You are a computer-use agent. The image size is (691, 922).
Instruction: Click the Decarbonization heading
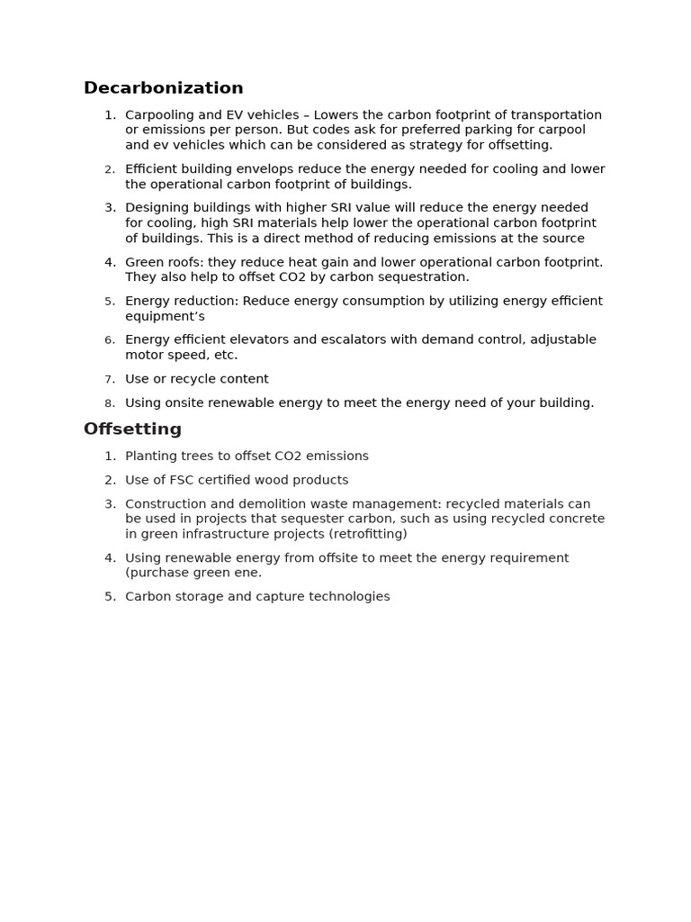[x=163, y=88]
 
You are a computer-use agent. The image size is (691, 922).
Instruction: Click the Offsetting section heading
[x=132, y=429]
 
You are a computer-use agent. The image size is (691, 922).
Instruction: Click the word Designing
[x=157, y=208]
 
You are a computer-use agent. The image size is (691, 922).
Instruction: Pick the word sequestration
[x=426, y=277]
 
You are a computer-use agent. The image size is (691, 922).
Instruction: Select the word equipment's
[x=165, y=317]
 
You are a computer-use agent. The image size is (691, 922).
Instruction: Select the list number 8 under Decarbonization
[x=109, y=403]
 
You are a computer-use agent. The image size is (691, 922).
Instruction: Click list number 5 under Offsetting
[x=109, y=597]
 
